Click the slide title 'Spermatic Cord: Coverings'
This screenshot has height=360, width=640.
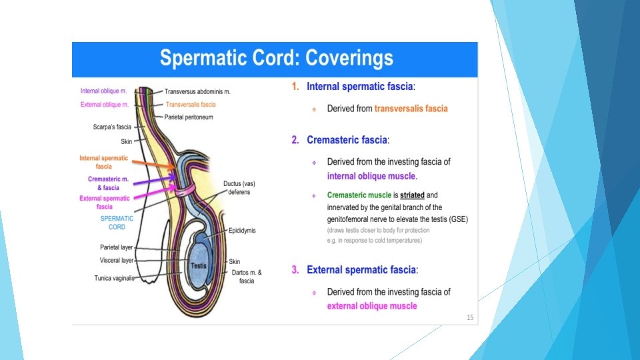click(x=276, y=59)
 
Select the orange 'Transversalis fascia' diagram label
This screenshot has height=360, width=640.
click(x=191, y=105)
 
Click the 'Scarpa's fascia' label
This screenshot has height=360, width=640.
click(x=112, y=127)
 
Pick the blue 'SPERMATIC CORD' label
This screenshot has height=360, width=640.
click(x=117, y=223)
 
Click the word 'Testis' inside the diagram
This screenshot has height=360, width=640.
click(x=199, y=265)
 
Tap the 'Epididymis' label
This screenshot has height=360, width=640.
click(x=242, y=231)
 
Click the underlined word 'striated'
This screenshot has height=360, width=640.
click(x=412, y=195)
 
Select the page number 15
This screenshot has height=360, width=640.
click(x=470, y=317)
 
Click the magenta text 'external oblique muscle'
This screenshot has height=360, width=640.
click(x=371, y=306)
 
